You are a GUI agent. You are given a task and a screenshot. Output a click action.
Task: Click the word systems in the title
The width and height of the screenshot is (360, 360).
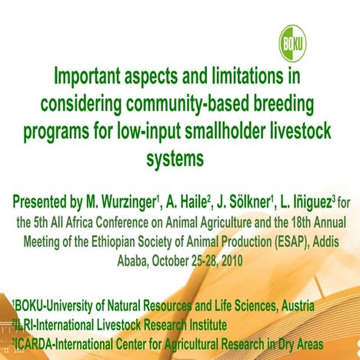click(x=176, y=158)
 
